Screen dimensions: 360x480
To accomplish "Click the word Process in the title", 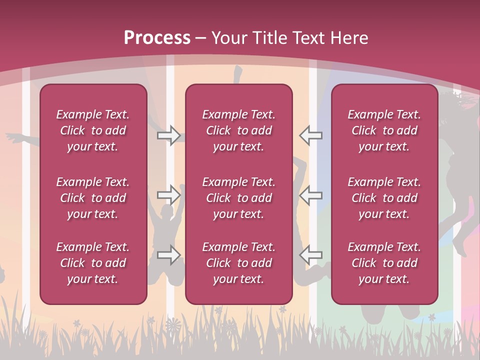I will [157, 38].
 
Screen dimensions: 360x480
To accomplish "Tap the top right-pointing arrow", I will [168, 135].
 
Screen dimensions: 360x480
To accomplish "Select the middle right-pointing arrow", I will [168, 195].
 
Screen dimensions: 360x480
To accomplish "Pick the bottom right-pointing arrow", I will [168, 255].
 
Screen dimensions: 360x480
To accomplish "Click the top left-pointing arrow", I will [310, 135].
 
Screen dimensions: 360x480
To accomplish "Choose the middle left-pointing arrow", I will [310, 195].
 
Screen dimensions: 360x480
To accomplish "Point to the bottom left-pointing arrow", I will [310, 255].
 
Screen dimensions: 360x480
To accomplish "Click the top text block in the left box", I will [93, 130].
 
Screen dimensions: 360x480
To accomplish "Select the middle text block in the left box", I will [93, 198].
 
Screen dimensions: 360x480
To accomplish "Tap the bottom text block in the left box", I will [93, 263].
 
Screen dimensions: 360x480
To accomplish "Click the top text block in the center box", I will [238, 130].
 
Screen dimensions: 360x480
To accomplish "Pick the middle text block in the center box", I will [238, 198].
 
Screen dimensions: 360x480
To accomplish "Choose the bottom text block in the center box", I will [238, 263].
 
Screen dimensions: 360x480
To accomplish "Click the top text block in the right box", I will [384, 130].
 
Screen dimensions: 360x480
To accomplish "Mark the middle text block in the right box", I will [384, 198].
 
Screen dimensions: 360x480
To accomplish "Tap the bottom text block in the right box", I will [384, 263].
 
